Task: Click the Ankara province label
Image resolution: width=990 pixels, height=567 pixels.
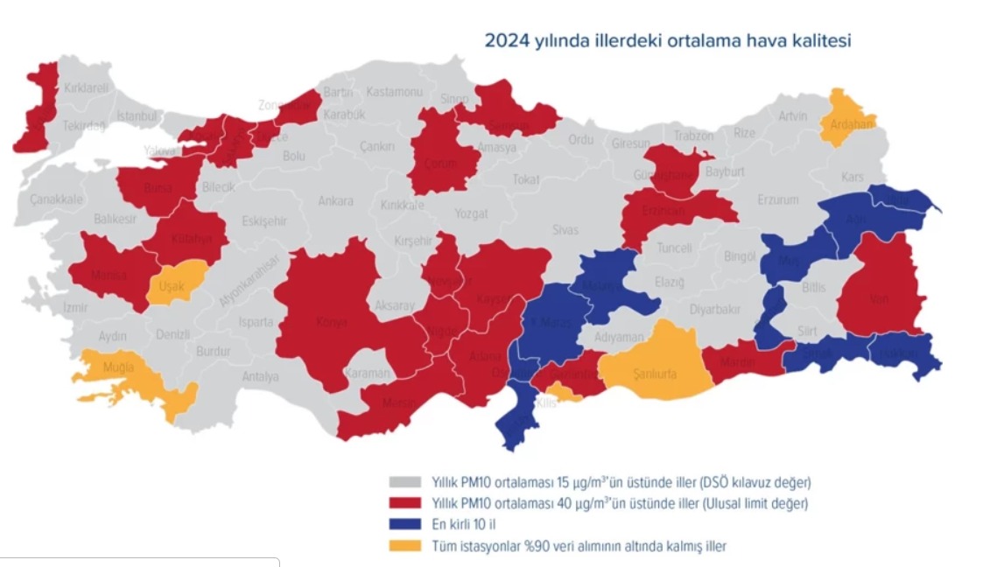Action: [335, 201]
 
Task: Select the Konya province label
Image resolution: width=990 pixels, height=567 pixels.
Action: [332, 322]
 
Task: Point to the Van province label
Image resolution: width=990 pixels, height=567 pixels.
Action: [880, 298]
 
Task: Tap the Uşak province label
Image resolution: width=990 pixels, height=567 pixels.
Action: [172, 286]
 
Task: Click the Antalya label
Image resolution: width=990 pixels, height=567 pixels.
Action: [260, 377]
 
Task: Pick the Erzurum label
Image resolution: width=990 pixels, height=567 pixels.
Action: [778, 199]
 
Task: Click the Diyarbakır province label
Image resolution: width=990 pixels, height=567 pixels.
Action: [714, 309]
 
